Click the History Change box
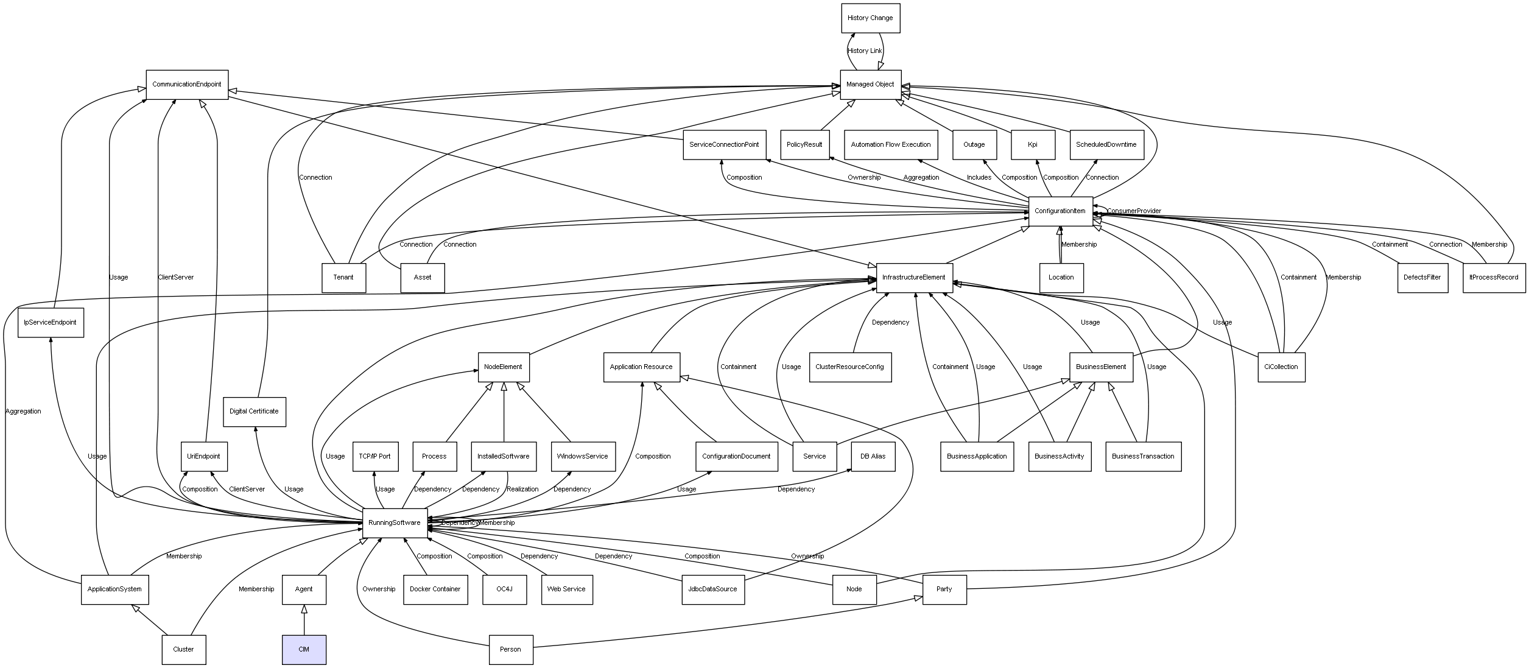pyautogui.click(x=870, y=18)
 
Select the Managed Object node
pyautogui.click(x=870, y=85)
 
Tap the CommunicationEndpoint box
pyautogui.click(x=187, y=85)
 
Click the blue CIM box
pyautogui.click(x=304, y=650)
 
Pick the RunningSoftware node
pyautogui.click(x=395, y=523)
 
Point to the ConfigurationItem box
pyautogui.click(x=1060, y=211)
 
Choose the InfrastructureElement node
pyautogui.click(x=914, y=278)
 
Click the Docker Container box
pyautogui.click(x=435, y=589)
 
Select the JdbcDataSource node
pyautogui.click(x=713, y=589)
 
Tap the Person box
pyautogui.click(x=511, y=650)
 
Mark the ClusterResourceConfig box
pyautogui.click(x=850, y=367)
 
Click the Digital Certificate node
pyautogui.click(x=254, y=412)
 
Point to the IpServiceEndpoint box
pyautogui.click(x=51, y=323)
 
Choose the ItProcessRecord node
pyautogui.click(x=1494, y=278)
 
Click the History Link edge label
pyautogui.click(x=865, y=51)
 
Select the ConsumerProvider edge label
pyautogui.click(x=1134, y=211)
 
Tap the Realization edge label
pyautogui.click(x=522, y=490)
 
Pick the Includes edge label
pyautogui.click(x=979, y=178)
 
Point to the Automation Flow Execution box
pyautogui.click(x=891, y=145)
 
